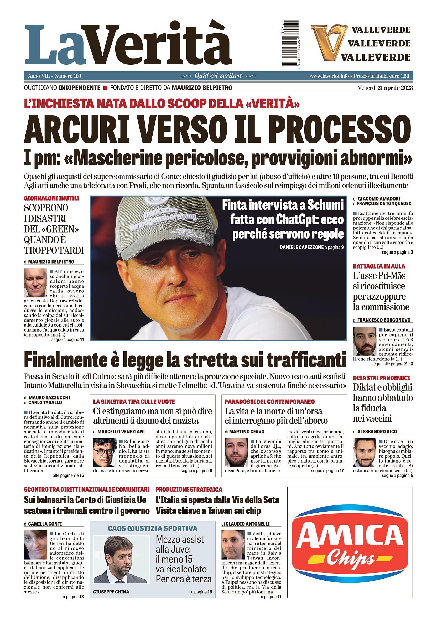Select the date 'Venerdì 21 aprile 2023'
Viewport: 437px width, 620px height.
pyautogui.click(x=385, y=88)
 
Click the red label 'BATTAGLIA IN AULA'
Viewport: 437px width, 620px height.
pyautogui.click(x=379, y=266)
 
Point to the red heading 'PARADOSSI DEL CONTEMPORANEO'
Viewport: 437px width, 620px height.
pyautogui.click(x=269, y=402)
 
